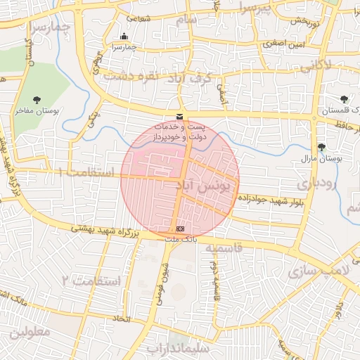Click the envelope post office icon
[x=181, y=116]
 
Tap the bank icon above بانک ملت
[x=181, y=229]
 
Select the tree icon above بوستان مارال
[x=321, y=147]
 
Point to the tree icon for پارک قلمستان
[x=344, y=100]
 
